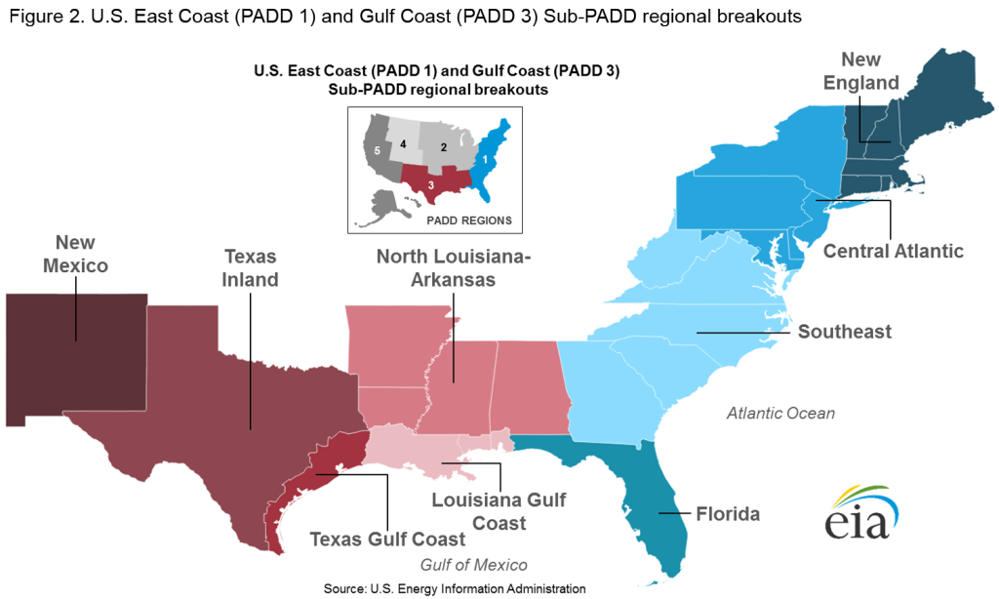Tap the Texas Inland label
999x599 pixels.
coord(251,268)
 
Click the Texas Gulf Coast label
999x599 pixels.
coord(388,539)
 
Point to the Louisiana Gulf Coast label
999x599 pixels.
coord(499,512)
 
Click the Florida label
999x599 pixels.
coord(728,513)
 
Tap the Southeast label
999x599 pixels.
coord(844,332)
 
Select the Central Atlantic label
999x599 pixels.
coord(893,252)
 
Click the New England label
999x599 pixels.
coord(860,70)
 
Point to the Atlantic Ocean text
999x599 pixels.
coord(780,414)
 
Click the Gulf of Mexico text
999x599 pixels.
coord(473,565)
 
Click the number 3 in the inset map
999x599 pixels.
coord(430,184)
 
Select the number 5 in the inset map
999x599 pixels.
coord(377,151)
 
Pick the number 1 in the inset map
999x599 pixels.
coord(485,158)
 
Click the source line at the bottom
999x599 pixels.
coord(455,588)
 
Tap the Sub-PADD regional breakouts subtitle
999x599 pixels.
coord(436,89)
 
